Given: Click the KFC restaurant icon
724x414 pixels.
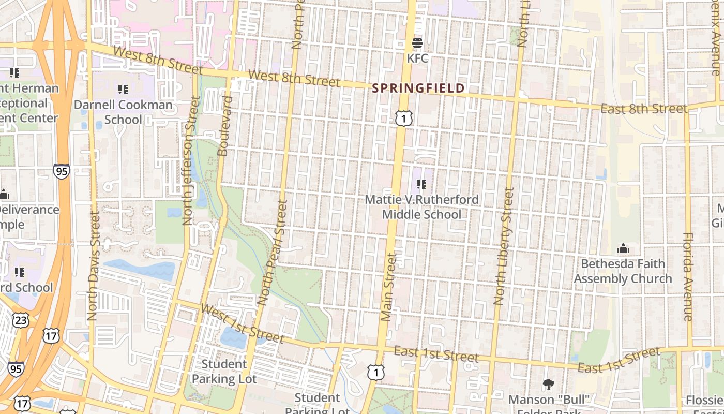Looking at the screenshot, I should click(x=417, y=42).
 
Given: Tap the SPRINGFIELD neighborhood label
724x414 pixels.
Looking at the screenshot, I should click(x=419, y=88).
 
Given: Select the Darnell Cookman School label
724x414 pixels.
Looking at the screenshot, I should click(x=123, y=112).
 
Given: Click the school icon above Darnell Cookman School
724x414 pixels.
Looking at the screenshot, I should click(x=123, y=90).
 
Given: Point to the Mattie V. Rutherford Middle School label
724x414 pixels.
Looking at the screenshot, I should click(x=421, y=207).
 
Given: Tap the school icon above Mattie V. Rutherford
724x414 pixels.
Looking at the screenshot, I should click(x=421, y=184).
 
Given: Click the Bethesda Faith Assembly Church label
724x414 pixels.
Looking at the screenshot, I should click(x=623, y=271).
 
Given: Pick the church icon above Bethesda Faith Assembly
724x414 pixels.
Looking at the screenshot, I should click(x=623, y=249).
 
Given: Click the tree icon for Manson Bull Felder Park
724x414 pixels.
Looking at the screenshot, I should click(x=549, y=384).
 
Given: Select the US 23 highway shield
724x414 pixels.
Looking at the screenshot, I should click(x=21, y=320).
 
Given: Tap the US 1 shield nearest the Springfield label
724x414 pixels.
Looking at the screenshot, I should click(x=404, y=118).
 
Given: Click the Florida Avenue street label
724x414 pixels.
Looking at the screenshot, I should click(x=687, y=276).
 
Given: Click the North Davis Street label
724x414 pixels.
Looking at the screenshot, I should click(x=93, y=265).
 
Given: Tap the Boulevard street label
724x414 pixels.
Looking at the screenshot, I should click(x=224, y=125).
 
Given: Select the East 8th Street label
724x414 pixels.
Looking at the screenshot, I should click(x=644, y=109).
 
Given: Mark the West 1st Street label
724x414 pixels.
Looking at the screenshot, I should click(x=242, y=324).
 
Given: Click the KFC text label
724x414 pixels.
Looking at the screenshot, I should click(x=417, y=58).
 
